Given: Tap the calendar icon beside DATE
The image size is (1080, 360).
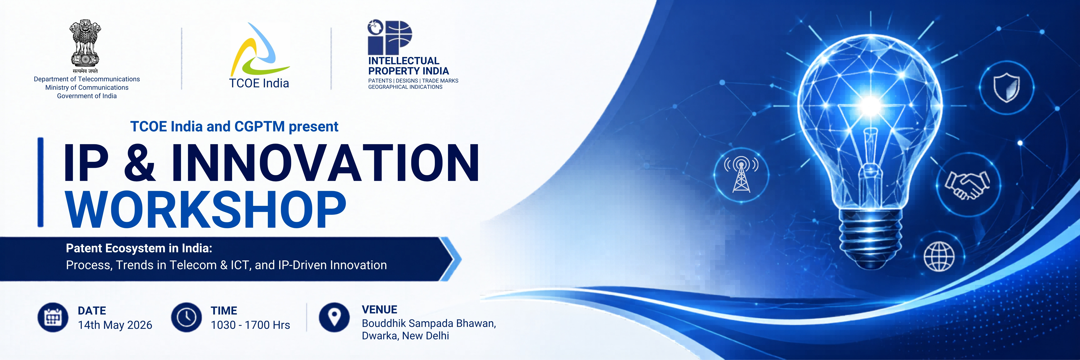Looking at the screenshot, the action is coord(53,317).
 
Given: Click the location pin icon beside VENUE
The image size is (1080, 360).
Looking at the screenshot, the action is coord(334,317).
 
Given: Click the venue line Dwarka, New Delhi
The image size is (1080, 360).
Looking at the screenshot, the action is coord(405,336).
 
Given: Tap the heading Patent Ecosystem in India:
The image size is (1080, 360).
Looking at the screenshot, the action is coord(139,248).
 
